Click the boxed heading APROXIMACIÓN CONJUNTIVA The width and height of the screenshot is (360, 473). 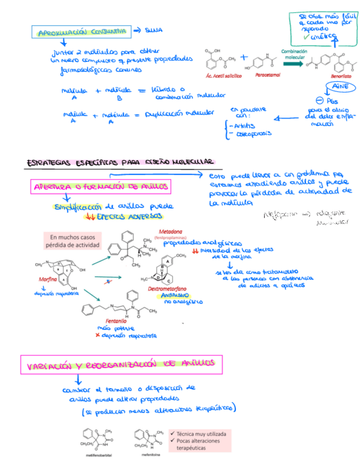(x=82, y=32)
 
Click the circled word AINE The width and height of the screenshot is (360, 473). (x=339, y=88)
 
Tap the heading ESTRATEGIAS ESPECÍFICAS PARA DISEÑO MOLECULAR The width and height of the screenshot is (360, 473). (x=119, y=162)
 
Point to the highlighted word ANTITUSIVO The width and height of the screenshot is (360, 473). (x=177, y=295)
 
